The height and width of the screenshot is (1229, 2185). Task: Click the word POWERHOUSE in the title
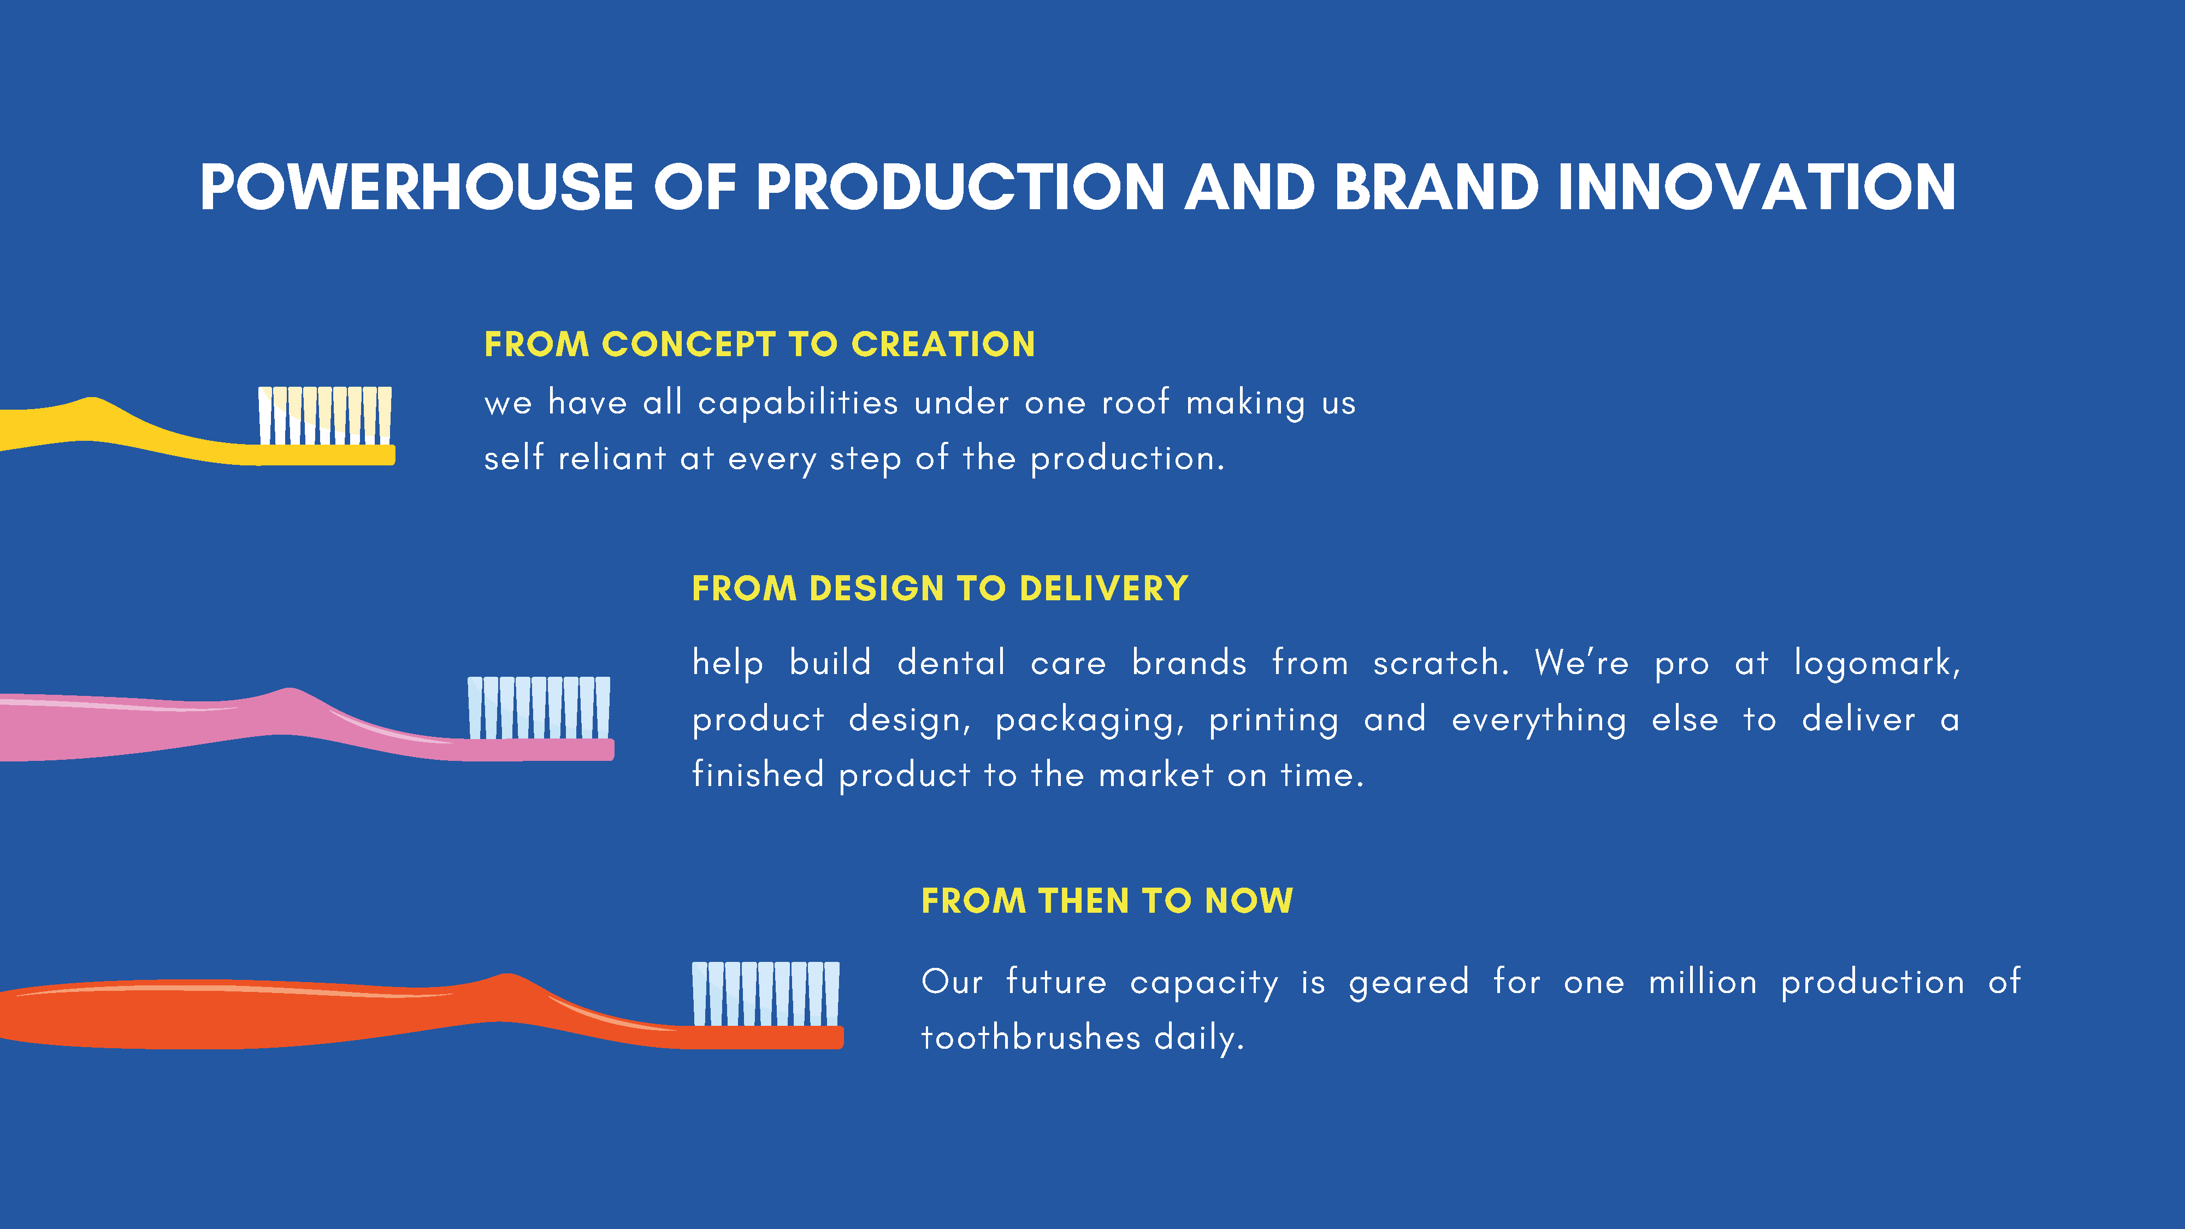tap(416, 187)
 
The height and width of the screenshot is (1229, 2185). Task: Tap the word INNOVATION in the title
tap(1757, 187)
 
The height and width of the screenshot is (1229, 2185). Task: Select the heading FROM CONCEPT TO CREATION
tap(759, 344)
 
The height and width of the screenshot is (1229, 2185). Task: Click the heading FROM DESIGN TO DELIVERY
tap(940, 588)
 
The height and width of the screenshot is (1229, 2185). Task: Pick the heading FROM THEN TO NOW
tap(1107, 900)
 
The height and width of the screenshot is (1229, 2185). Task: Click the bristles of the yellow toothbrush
tap(325, 416)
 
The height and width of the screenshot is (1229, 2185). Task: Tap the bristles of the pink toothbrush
tap(539, 707)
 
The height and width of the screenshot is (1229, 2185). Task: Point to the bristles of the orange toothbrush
tap(765, 993)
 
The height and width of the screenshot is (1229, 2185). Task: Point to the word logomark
tap(1877, 663)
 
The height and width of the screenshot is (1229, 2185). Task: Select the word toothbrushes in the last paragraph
tap(1031, 1037)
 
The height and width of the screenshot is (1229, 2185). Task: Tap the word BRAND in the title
tap(1437, 187)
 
